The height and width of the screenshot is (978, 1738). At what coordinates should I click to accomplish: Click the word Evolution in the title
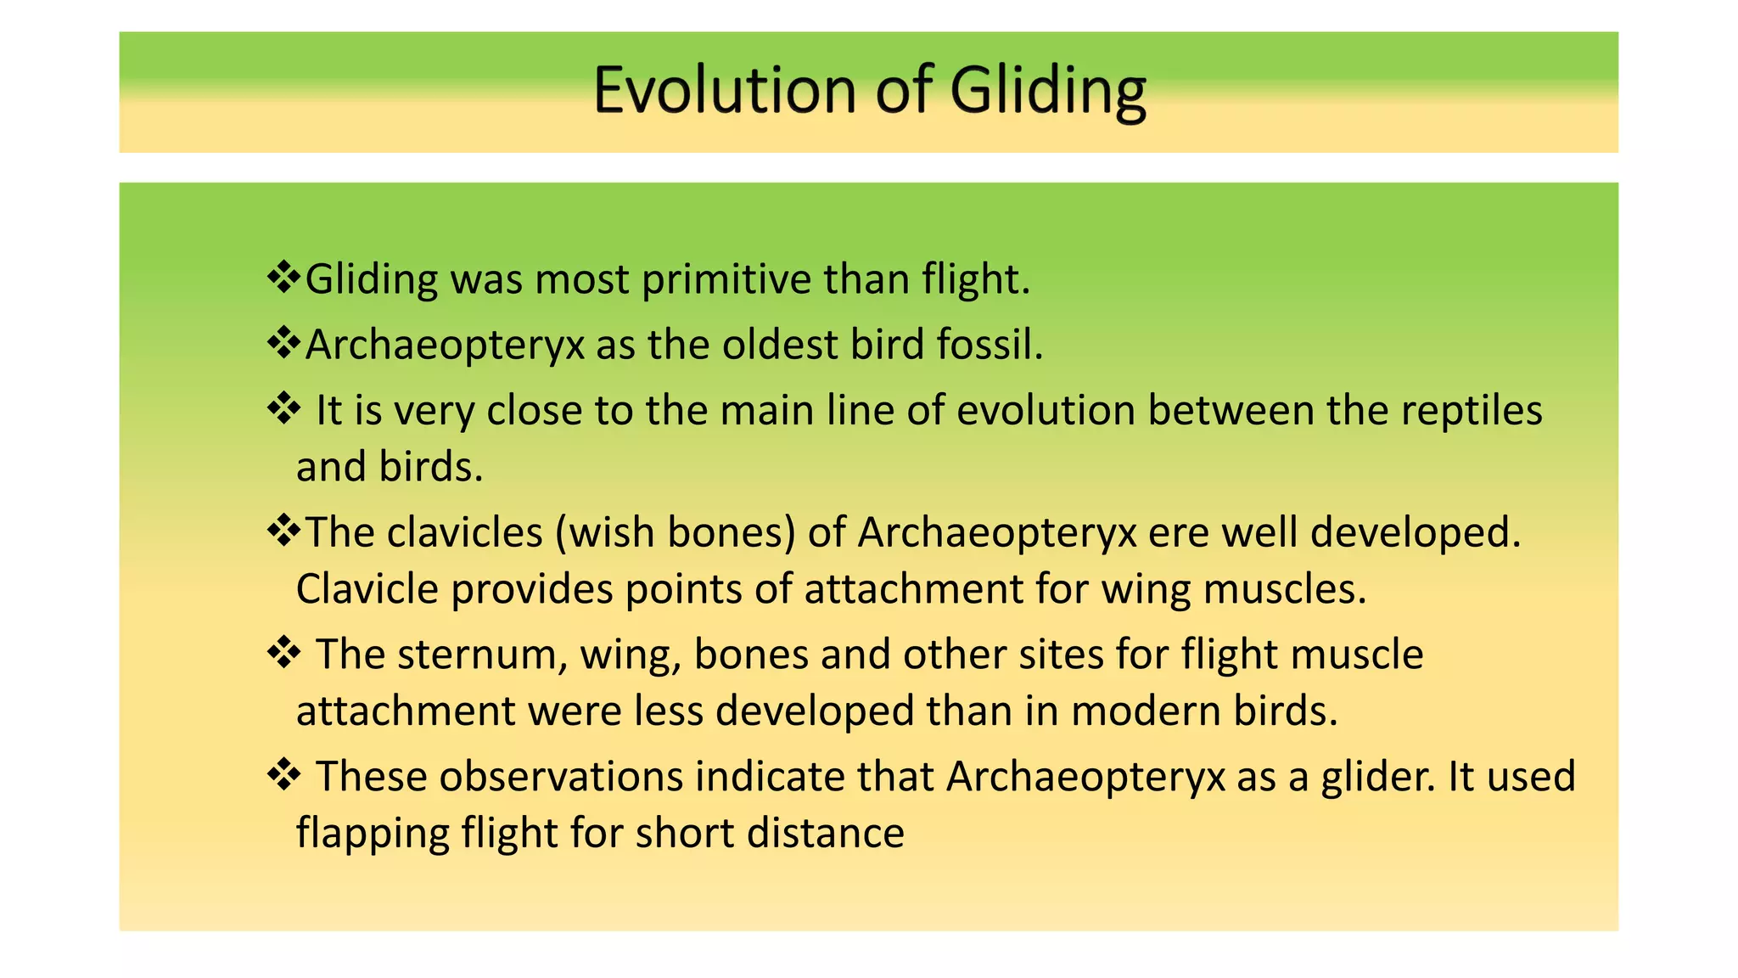tap(726, 90)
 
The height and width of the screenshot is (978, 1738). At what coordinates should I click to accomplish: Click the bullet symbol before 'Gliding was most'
tap(283, 277)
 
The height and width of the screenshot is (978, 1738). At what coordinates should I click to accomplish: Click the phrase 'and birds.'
tap(390, 467)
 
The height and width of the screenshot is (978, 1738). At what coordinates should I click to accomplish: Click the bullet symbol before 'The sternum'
tap(283, 653)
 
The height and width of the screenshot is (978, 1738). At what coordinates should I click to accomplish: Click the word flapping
tap(372, 834)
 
